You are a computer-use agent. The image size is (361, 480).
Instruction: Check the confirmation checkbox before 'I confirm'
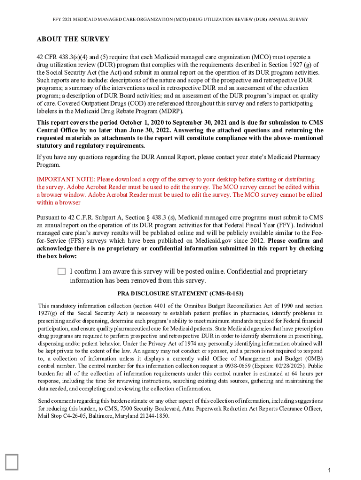[62, 271]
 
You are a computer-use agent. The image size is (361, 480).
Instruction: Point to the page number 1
[330, 470]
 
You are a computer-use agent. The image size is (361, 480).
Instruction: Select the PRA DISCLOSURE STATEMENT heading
[180, 293]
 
